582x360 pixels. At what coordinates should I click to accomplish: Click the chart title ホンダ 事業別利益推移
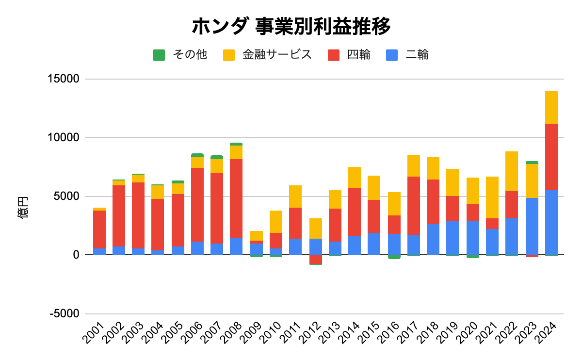(291, 27)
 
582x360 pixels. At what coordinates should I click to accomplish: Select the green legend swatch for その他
(159, 55)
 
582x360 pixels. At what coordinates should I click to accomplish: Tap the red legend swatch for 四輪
(334, 55)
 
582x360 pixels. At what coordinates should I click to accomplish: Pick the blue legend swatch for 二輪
(392, 55)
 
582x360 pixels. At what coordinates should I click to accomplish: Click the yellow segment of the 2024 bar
(551, 108)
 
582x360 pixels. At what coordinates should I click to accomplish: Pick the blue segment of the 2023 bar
(532, 226)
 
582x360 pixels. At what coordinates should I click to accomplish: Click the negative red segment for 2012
(316, 259)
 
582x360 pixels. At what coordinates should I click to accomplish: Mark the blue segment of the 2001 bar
(99, 251)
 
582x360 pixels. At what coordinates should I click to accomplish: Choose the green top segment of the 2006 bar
(197, 155)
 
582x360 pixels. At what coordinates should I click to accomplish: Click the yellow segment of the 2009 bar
(257, 236)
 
